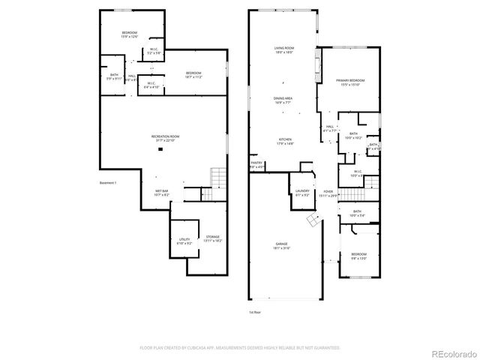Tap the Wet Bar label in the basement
click(161, 192)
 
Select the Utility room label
click(184, 241)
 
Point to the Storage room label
click(213, 238)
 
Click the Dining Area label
click(283, 98)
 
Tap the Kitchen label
click(285, 140)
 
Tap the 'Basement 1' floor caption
click(109, 182)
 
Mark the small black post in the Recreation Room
click(160, 149)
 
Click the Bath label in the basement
click(114, 76)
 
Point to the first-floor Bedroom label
click(358, 256)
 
